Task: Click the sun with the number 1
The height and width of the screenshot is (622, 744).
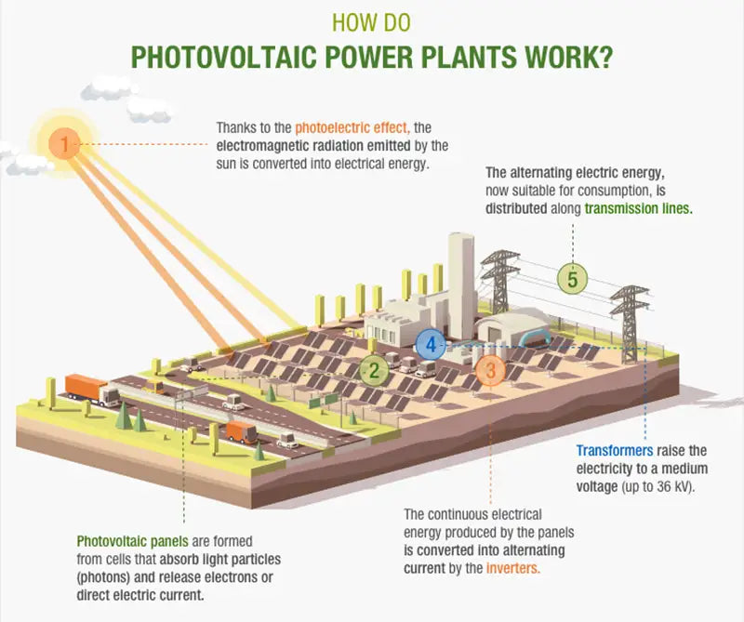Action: click(x=64, y=144)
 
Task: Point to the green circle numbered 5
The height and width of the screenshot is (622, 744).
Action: click(x=573, y=278)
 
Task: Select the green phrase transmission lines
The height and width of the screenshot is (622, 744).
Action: click(x=638, y=209)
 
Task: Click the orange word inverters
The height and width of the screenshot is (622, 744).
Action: click(x=513, y=566)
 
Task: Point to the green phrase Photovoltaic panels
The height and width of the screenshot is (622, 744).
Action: click(x=126, y=540)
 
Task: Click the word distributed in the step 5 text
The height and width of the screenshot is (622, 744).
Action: click(x=515, y=209)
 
